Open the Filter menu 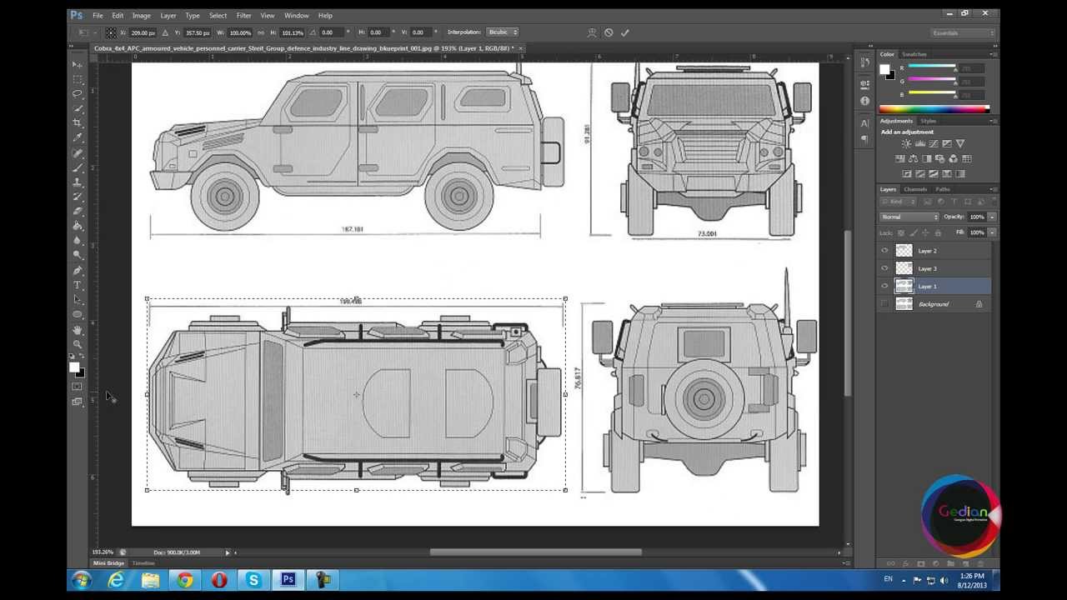coord(243,15)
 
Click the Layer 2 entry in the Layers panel coord(927,251)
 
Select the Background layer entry coord(933,304)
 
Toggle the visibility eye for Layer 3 coord(884,268)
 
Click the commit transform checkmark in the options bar coord(625,32)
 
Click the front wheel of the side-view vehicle coord(224,197)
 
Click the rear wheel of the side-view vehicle coord(458,197)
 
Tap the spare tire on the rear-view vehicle coord(704,399)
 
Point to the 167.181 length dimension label coord(352,229)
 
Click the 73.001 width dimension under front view coord(707,234)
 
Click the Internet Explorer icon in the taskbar coord(116,580)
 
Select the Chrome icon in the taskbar coord(185,580)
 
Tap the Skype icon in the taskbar coord(253,580)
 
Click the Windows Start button coord(81,580)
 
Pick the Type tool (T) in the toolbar coord(78,285)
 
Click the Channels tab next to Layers coord(915,189)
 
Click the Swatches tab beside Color coord(914,54)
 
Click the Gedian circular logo coord(961,514)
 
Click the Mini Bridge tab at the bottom coord(108,563)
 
